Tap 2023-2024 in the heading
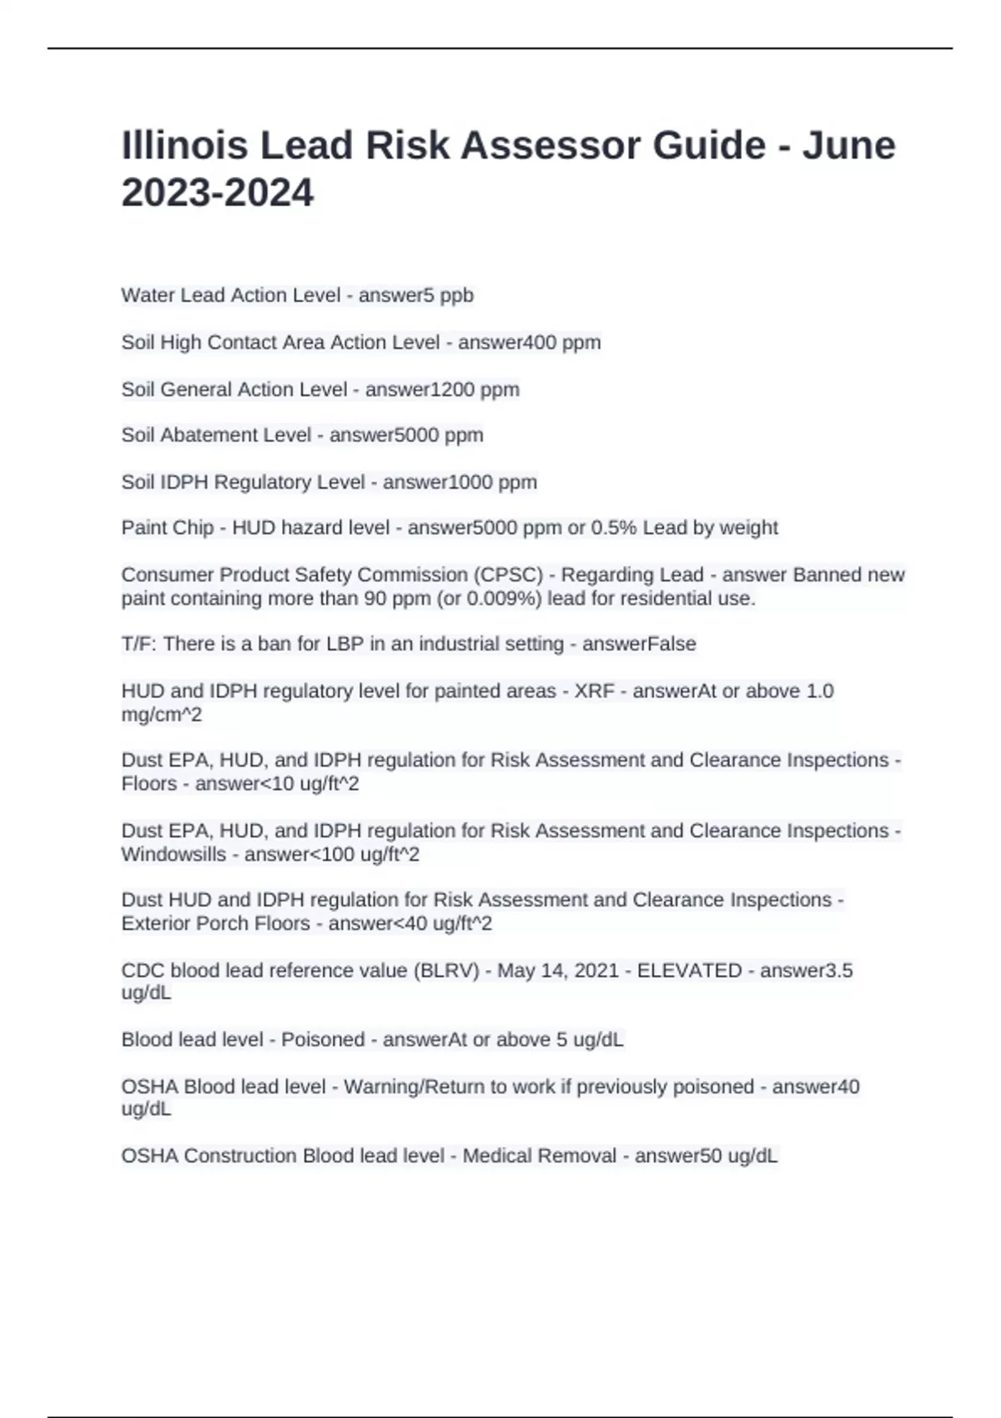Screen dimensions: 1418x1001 [x=218, y=193]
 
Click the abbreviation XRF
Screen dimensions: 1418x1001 [x=594, y=691]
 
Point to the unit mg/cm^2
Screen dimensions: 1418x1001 [x=162, y=714]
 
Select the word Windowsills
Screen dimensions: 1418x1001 [x=174, y=854]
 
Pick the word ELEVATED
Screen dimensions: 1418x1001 [x=689, y=970]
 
